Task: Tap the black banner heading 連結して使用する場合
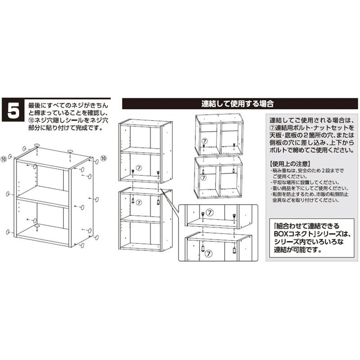tap(238, 104)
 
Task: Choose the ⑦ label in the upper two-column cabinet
tap(204, 141)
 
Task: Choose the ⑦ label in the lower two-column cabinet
tap(203, 177)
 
